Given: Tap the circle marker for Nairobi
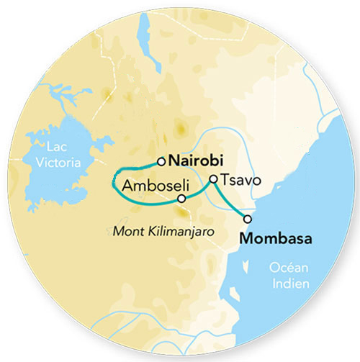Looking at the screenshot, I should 162,161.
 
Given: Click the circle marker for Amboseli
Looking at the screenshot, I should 181,198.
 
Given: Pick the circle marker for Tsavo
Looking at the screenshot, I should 213,179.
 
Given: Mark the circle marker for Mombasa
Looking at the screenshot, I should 248,219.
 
